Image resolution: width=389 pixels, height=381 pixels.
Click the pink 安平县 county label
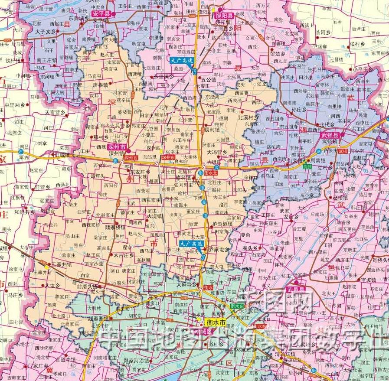coord(101,13)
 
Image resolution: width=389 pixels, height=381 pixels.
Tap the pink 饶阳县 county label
coord(225,16)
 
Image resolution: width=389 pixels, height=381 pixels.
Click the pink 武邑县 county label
coord(296,289)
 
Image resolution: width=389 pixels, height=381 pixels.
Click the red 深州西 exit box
coord(130,158)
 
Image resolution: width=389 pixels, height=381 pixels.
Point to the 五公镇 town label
coord(209,80)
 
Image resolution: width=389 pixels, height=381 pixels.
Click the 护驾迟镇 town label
coord(223,224)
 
